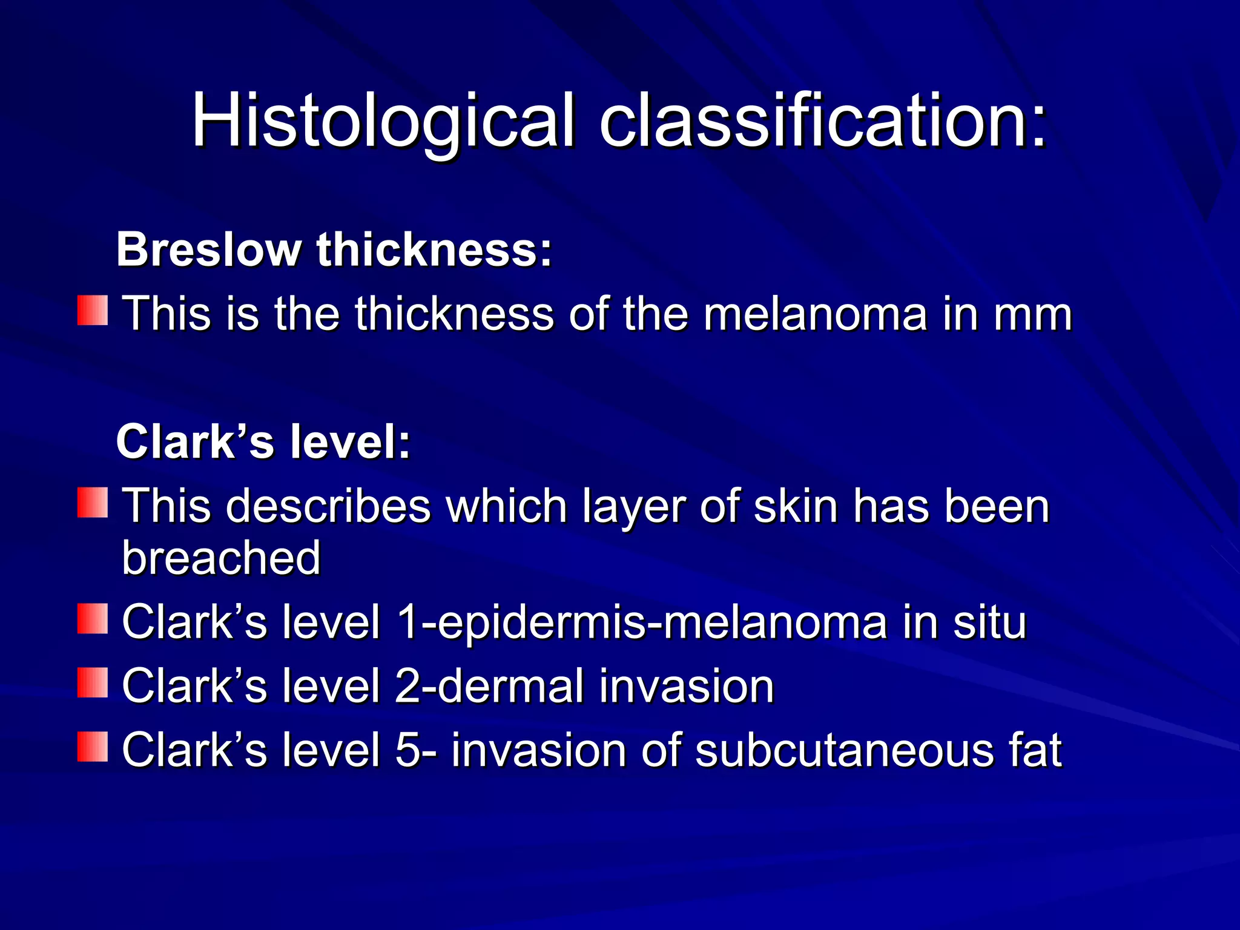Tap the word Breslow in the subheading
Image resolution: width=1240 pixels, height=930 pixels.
pyautogui.click(x=209, y=249)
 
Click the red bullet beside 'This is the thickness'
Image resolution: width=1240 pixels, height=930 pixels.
pyautogui.click(x=93, y=311)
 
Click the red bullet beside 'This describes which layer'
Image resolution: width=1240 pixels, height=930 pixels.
pyautogui.click(x=93, y=503)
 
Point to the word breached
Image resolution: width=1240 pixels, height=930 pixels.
pyautogui.click(x=221, y=558)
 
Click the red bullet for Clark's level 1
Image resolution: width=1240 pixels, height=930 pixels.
pyautogui.click(x=93, y=618)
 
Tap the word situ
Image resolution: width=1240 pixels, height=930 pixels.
pyautogui.click(x=989, y=622)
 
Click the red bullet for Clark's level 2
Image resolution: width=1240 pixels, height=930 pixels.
pyautogui.click(x=93, y=682)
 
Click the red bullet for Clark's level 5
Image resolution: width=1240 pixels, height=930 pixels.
pyautogui.click(x=93, y=747)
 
